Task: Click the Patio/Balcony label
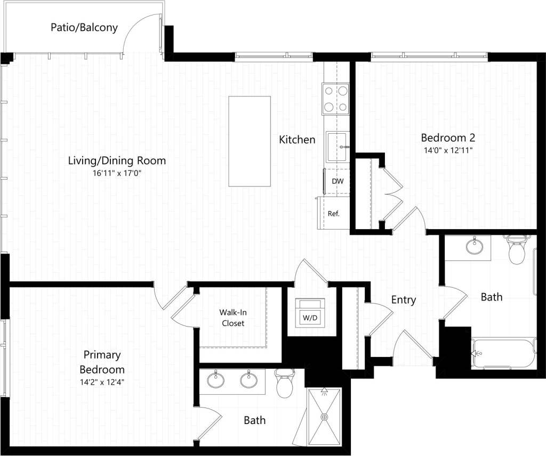84,27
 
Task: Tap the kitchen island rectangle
250,141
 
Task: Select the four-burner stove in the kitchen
335,99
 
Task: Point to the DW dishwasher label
338,181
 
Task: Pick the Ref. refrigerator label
334,214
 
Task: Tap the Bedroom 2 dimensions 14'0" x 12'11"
448,150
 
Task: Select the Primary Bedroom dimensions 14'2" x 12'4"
102,381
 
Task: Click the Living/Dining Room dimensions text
117,173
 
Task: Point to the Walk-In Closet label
233,317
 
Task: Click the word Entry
403,300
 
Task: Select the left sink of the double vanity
215,380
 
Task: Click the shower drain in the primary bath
323,417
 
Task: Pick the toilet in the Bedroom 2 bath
517,250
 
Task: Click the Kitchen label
297,140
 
